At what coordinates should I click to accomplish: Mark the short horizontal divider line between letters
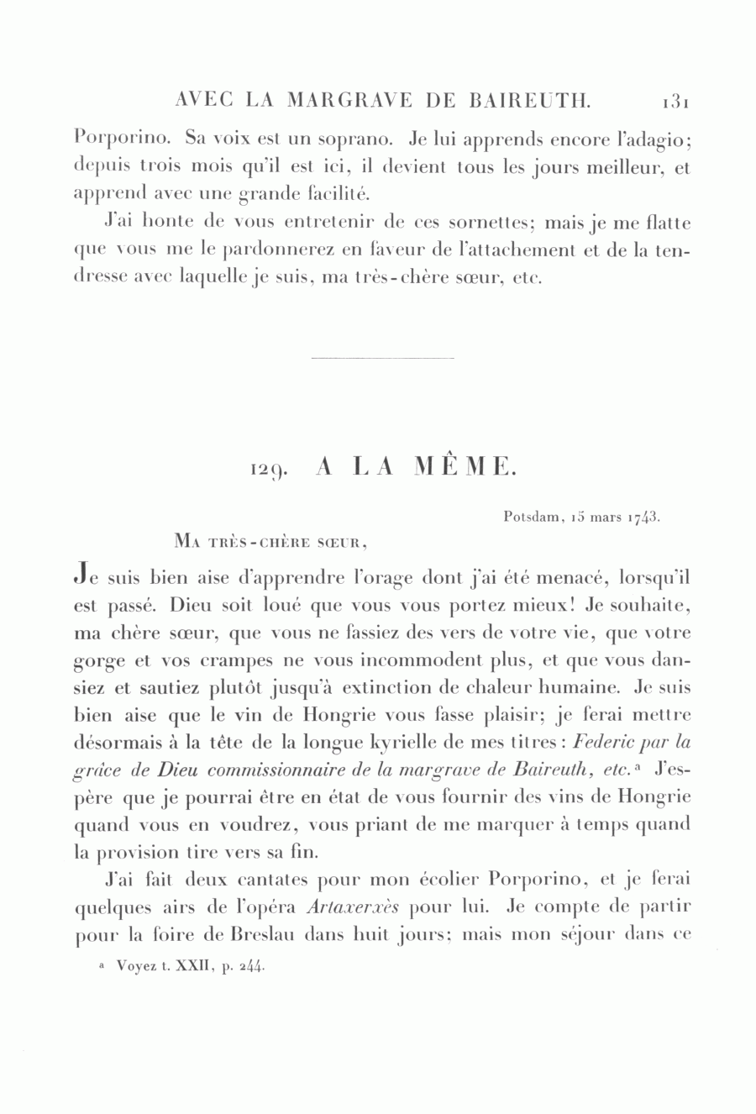(x=382, y=360)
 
